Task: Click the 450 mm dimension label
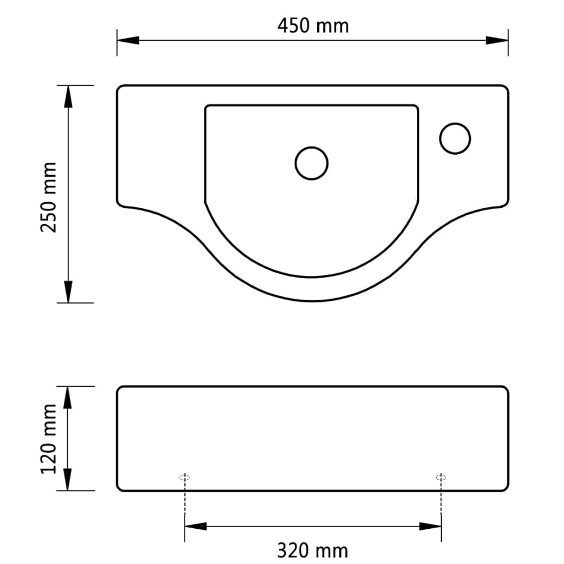click(312, 26)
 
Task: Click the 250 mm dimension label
click(50, 197)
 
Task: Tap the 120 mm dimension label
click(50, 438)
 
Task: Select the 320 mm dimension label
click(312, 550)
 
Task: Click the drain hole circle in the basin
click(312, 163)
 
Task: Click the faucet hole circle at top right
click(455, 138)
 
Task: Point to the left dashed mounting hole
click(185, 477)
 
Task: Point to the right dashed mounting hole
click(441, 477)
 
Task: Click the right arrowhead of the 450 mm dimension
click(497, 40)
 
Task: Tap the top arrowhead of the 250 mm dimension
click(68, 96)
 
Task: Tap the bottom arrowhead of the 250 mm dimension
click(68, 291)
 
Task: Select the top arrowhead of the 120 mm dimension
click(68, 397)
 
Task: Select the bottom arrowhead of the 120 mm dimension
click(68, 480)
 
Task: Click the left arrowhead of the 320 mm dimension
click(196, 527)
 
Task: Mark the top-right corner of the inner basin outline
click(417, 106)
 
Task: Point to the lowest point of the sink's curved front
click(313, 301)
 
